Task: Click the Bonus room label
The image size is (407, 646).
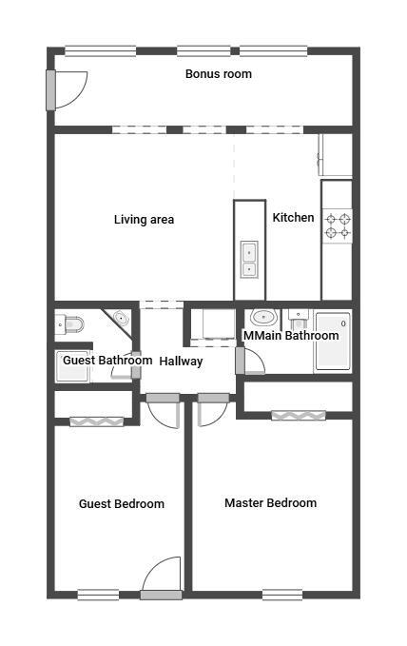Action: pyautogui.click(x=218, y=73)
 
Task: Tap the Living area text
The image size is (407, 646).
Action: pyautogui.click(x=144, y=220)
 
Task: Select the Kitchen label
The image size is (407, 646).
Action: pyautogui.click(x=293, y=218)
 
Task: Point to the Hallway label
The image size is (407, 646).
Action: pyautogui.click(x=181, y=362)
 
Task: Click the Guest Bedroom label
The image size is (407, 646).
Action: pyautogui.click(x=121, y=504)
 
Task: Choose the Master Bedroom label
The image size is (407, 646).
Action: pyautogui.click(x=270, y=502)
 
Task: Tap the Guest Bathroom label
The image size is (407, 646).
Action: pyautogui.click(x=107, y=361)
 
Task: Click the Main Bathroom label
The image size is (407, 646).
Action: pyautogui.click(x=291, y=335)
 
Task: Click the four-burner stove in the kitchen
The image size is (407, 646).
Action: pyautogui.click(x=338, y=225)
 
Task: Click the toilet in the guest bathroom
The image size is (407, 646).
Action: pyautogui.click(x=71, y=325)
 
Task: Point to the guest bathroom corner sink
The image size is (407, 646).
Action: pyautogui.click(x=121, y=318)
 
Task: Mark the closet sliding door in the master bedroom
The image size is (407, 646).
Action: pyautogui.click(x=298, y=415)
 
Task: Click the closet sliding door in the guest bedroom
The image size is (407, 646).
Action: pyautogui.click(x=96, y=421)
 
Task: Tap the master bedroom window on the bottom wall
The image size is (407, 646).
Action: pyautogui.click(x=281, y=596)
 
